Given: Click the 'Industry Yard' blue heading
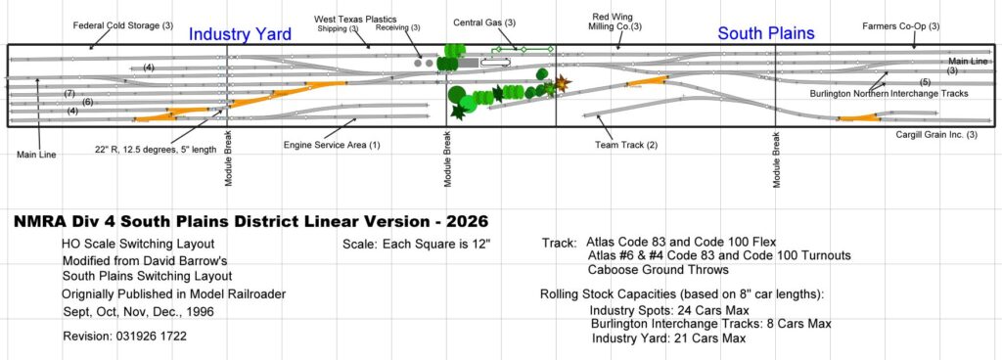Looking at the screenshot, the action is pos(241,34).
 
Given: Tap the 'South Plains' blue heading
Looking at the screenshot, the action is pos(766,33).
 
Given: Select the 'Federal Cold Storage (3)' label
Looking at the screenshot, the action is pos(123,26).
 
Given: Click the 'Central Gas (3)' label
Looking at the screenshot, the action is pos(484,22).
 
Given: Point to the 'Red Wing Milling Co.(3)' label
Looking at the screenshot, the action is pos(615,22).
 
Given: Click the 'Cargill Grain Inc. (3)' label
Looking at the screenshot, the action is pos(936,135).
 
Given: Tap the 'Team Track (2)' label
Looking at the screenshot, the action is pos(625,145).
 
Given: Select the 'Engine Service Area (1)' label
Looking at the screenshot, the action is pos(332,145).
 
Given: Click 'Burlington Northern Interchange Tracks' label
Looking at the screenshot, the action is pos(888,93).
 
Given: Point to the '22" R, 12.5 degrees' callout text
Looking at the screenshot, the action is pos(155,150).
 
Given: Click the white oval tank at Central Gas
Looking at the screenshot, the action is pos(496,62).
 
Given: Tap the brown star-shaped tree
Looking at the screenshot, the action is pos(562,83).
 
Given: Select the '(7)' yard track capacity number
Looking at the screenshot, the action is pos(69,94).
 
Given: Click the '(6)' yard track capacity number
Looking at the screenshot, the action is pos(87,102).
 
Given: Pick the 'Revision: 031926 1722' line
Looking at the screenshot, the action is pos(124,337).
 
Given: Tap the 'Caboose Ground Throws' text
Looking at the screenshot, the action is pos(659,269).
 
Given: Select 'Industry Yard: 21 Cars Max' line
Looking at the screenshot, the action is pos(668,338).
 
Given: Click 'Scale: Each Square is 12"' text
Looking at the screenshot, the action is pos(417,244).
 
